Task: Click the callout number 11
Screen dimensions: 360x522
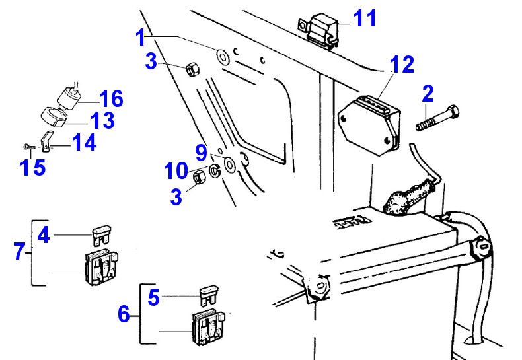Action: (364, 18)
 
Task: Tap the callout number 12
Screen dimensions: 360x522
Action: (402, 65)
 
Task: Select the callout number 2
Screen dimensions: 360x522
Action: (428, 94)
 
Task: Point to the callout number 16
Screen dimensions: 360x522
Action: (111, 99)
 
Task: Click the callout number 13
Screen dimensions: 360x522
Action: (102, 120)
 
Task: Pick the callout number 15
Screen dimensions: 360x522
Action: (32, 167)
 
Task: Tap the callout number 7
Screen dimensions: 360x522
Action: (20, 251)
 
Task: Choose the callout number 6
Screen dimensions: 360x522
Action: (124, 314)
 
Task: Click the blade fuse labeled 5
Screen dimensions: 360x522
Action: (208, 293)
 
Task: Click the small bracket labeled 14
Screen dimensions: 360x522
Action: (47, 141)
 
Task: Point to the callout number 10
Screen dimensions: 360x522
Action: (176, 172)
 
